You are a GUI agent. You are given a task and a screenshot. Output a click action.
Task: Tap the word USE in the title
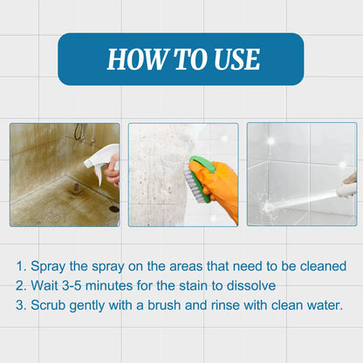[234, 59]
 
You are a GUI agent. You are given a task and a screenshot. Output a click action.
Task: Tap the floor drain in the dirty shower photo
[113, 209]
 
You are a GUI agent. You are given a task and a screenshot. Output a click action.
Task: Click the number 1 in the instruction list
[20, 265]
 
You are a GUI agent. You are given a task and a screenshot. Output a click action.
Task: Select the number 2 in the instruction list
[20, 285]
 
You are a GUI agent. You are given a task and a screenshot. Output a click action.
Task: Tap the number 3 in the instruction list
[20, 305]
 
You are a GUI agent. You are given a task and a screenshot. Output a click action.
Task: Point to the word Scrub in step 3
[50, 305]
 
